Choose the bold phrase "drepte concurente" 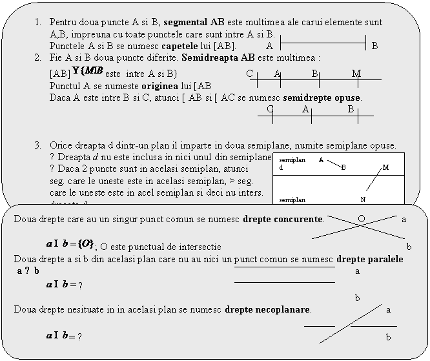pyautogui.click(x=283, y=218)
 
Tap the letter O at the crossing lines pyautogui.click(x=361, y=218)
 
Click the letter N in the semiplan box pyautogui.click(x=363, y=199)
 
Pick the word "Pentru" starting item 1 pyautogui.click(x=63, y=21)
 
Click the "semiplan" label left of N pyautogui.click(x=292, y=200)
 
